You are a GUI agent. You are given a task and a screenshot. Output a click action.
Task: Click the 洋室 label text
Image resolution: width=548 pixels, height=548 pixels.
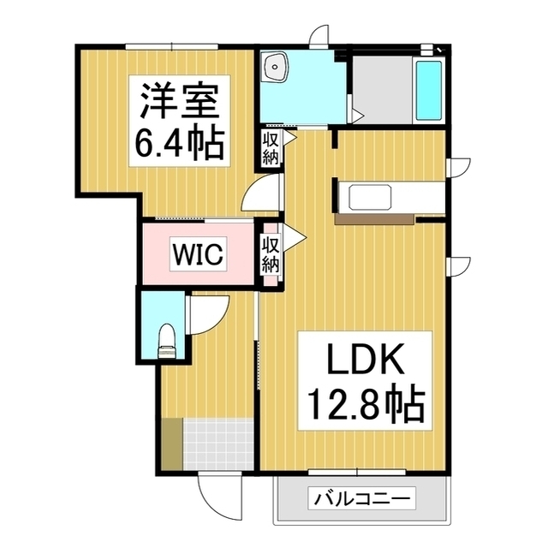click(x=180, y=102)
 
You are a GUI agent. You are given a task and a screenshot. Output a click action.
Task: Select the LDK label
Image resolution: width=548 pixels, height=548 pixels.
click(x=365, y=360)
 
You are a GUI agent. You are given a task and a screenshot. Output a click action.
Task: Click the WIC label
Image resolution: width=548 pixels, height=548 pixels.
click(x=198, y=253)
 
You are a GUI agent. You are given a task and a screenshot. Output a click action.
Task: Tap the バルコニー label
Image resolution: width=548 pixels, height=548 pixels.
click(x=361, y=497)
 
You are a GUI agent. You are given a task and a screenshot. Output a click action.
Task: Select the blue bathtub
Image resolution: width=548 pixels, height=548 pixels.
click(x=428, y=91)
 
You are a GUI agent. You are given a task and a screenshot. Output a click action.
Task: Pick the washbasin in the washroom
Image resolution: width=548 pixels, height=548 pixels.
click(x=276, y=68)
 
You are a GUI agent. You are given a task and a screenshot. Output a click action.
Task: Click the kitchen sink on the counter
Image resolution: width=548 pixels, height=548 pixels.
click(x=370, y=197)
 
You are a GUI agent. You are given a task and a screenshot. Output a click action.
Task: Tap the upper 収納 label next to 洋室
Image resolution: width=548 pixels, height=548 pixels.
click(x=271, y=148)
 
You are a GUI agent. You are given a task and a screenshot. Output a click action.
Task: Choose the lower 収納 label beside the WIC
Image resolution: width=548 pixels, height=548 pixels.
click(x=271, y=254)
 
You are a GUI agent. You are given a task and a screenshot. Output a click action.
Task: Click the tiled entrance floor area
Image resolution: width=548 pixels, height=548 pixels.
click(x=218, y=444)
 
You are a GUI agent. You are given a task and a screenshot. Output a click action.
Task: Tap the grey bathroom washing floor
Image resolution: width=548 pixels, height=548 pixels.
click(x=382, y=89)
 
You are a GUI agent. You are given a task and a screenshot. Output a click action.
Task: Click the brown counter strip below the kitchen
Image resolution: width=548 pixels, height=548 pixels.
click(x=374, y=219)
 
